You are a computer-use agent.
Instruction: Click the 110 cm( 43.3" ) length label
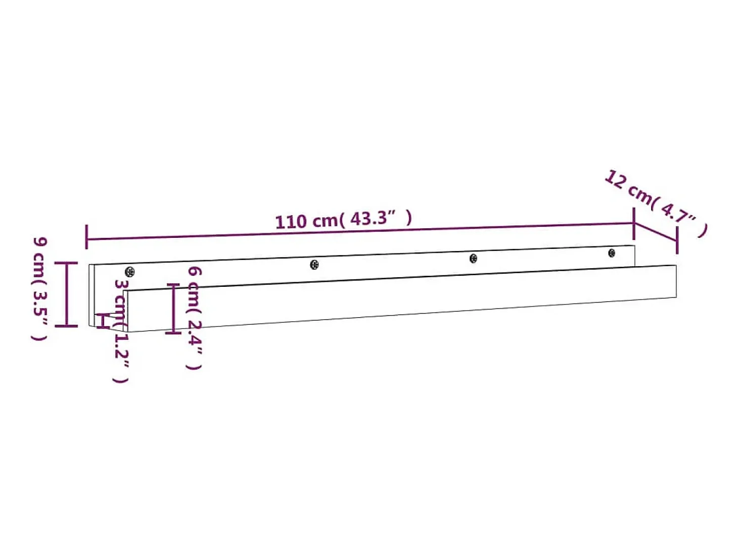coord(344,220)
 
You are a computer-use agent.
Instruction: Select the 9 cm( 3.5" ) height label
coord(40,288)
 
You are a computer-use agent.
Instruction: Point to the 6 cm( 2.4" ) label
coord(194,318)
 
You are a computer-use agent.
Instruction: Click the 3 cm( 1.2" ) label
coord(121,331)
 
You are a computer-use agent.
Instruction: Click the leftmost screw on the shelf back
coord(130,272)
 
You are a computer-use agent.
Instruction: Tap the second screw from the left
coord(314,265)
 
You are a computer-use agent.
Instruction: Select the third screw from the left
coord(474,258)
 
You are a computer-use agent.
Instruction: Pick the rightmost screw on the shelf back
coord(612,253)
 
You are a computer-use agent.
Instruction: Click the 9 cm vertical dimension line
coord(67,294)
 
